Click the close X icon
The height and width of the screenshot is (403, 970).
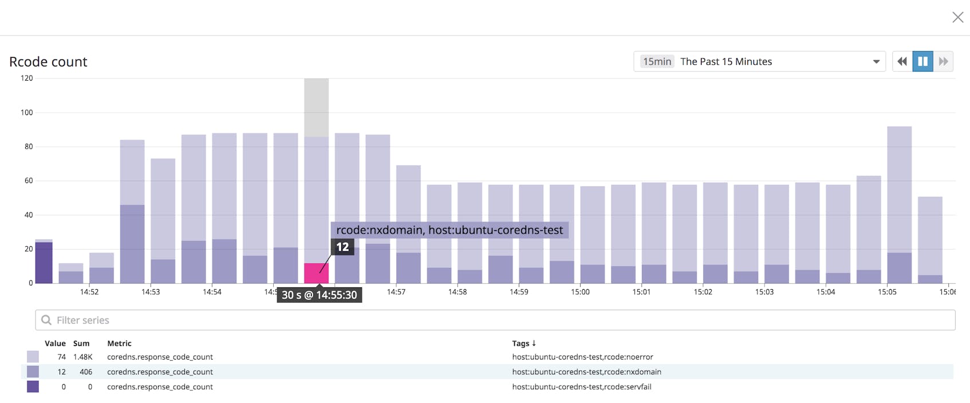click(x=957, y=17)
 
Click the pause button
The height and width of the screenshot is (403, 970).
click(x=922, y=61)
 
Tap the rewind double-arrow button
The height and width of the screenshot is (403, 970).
click(x=902, y=61)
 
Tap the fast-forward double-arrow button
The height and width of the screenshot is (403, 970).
click(x=943, y=61)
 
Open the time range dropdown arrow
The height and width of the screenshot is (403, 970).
click(x=876, y=62)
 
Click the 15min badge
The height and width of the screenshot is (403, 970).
click(x=656, y=61)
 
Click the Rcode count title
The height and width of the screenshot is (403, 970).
click(x=48, y=62)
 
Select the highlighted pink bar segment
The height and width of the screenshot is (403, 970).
click(x=316, y=273)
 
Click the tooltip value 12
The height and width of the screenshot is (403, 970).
click(x=342, y=247)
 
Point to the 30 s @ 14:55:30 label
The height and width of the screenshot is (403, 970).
click(x=319, y=295)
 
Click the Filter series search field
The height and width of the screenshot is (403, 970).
click(x=495, y=320)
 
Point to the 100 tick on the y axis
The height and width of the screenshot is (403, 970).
click(x=27, y=113)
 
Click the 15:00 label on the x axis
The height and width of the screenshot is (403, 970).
click(x=580, y=292)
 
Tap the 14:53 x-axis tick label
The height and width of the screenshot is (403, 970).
click(x=151, y=292)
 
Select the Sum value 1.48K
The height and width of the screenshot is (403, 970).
click(x=82, y=357)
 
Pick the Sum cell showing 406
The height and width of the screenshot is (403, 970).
click(x=86, y=372)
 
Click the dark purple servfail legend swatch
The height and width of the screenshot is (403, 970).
click(x=33, y=386)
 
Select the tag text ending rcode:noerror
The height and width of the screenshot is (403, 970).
click(x=582, y=357)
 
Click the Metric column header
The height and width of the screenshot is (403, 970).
click(x=119, y=343)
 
